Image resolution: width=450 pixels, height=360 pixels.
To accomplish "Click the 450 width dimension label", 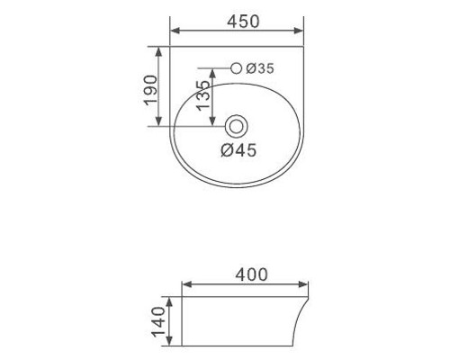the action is coord(243,22).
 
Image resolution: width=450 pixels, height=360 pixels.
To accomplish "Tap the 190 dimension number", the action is coord(151,90).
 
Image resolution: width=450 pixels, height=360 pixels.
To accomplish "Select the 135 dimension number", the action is coord(203,95).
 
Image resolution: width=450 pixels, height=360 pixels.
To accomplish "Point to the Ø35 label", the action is coord(260,68).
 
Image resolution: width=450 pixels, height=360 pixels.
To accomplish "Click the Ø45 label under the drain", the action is coord(238,150).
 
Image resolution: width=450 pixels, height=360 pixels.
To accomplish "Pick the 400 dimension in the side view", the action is coord(251,274).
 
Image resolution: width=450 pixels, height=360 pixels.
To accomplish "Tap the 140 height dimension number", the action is coord(159,321).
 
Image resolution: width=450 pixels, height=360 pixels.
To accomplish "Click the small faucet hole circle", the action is coord(237,68).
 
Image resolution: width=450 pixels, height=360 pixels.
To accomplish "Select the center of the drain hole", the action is coord(236,127).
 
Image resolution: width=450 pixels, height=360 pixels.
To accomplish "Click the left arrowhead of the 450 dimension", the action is coord(175,31).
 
